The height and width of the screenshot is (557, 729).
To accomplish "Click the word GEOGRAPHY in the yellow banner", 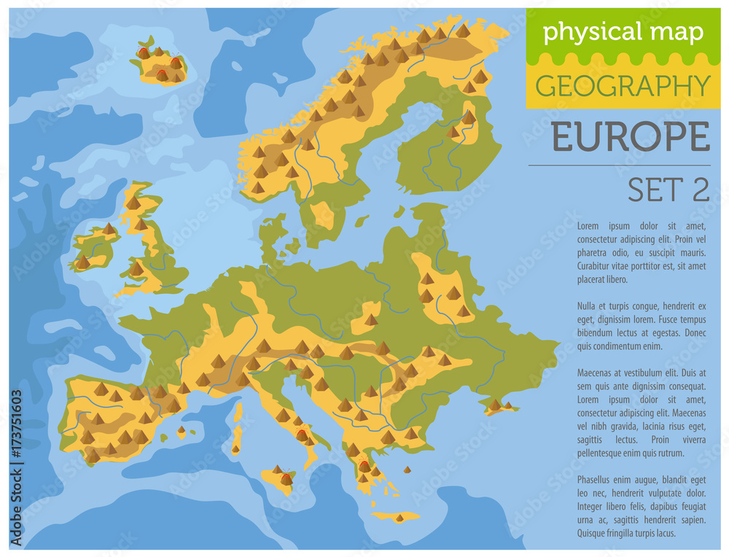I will (623, 86).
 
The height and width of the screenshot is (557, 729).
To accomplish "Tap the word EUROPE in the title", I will (630, 137).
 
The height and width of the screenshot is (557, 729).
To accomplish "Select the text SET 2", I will (668, 190).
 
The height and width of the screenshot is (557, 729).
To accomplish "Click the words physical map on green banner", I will (623, 32).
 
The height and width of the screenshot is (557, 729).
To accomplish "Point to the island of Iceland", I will (159, 63).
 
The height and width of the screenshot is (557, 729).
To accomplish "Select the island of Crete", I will (397, 517).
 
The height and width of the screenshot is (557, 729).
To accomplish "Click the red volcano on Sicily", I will (286, 479).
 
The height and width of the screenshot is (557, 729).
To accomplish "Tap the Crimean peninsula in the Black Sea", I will (499, 406).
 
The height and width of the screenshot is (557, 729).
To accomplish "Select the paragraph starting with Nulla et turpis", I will (642, 325).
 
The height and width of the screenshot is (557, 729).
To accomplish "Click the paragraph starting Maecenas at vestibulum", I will (642, 411).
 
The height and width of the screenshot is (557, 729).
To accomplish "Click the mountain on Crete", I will (399, 517).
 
